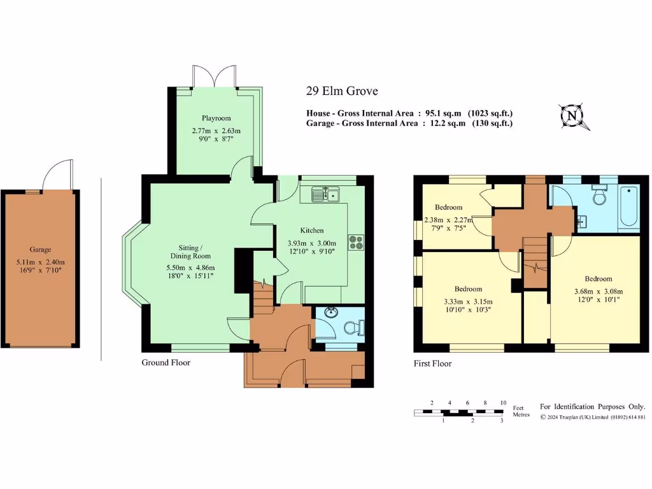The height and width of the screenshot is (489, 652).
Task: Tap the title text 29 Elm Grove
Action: click(341, 92)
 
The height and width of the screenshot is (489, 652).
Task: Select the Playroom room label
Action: click(216, 118)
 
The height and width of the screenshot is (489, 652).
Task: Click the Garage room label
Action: click(40, 250)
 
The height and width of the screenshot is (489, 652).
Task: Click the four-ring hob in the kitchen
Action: click(355, 242)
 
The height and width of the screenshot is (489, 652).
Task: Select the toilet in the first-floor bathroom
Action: click(599, 195)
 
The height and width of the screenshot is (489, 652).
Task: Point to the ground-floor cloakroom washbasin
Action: click(330, 313)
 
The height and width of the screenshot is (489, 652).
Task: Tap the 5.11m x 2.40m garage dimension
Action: click(40, 261)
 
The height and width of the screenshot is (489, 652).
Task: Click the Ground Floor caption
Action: click(166, 362)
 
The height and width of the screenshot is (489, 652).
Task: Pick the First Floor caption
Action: click(432, 364)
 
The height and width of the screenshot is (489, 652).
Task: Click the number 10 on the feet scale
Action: click(503, 403)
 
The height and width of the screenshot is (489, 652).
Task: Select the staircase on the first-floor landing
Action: click(535, 261)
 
